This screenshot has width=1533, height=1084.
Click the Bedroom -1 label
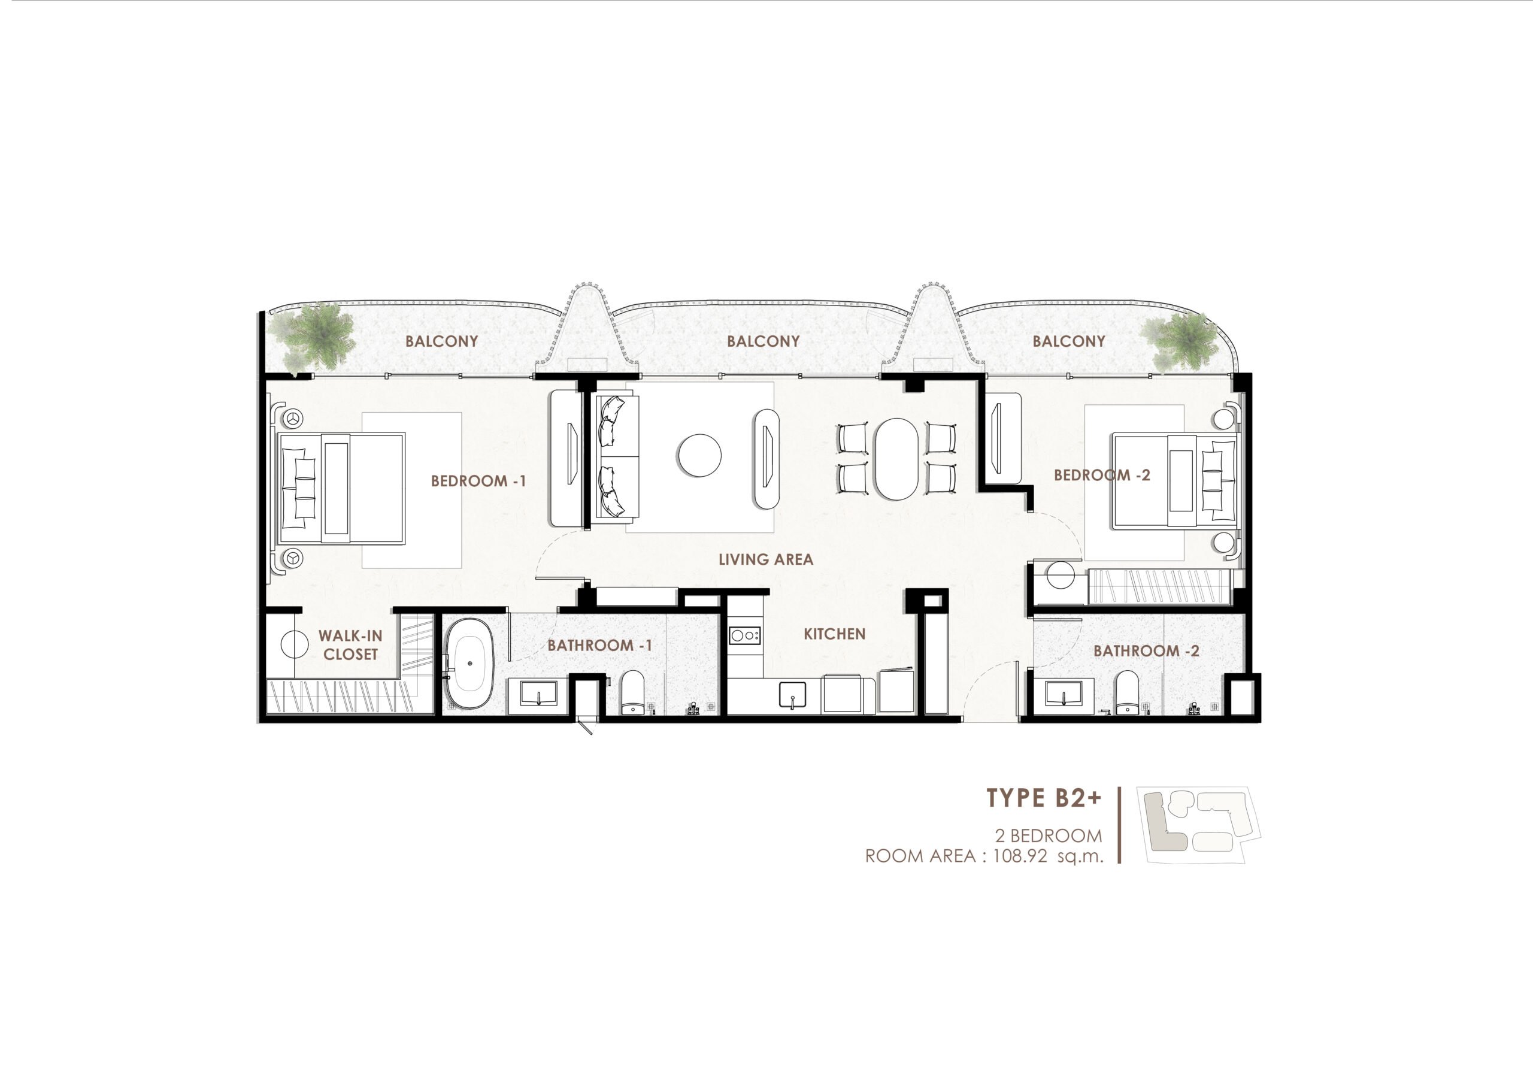pos(478,481)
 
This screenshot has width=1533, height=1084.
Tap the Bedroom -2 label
pos(1102,476)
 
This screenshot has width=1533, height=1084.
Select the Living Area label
pos(766,560)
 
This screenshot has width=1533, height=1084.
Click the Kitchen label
pos(834,634)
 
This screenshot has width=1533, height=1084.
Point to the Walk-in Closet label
pos(350,645)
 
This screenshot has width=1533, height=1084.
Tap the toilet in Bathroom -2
pos(1126,694)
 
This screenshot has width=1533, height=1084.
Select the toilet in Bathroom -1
pos(632,694)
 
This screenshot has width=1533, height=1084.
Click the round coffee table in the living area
pos(700,456)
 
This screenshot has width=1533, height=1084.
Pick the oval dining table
pos(896,459)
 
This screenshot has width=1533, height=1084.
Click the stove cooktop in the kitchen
pos(744,635)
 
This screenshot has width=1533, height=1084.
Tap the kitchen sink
pos(792,695)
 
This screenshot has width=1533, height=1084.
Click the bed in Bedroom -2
pos(1175,480)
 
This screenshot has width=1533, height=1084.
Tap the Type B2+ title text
pos(1044,798)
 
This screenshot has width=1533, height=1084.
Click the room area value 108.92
pos(1020,856)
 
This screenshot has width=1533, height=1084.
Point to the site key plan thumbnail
pos(1198,824)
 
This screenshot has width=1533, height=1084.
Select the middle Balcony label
pos(763,341)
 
